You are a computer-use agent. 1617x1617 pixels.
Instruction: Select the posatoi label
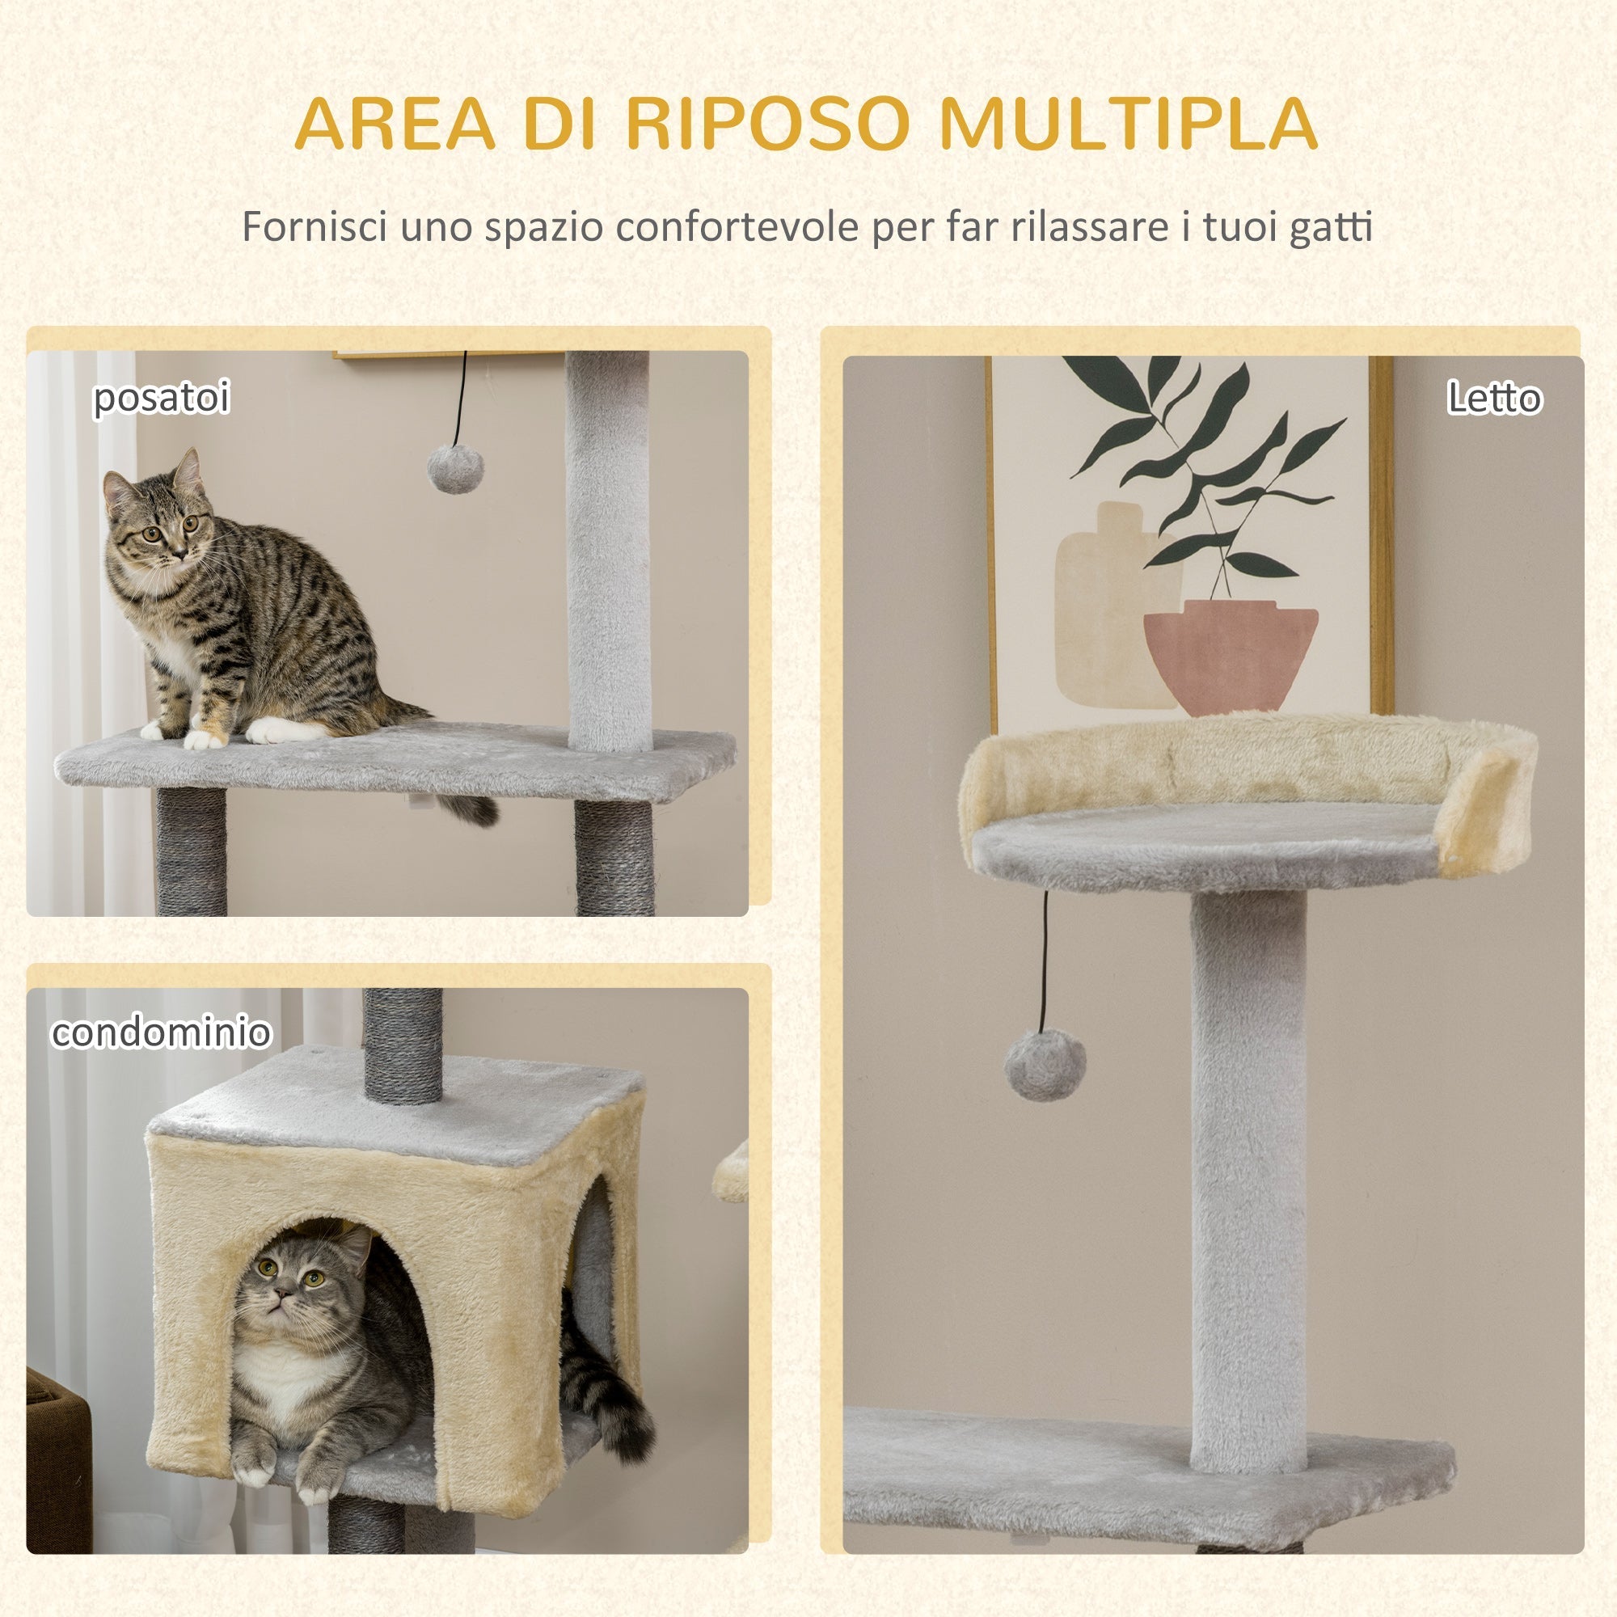[161, 397]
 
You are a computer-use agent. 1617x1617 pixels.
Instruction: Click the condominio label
[161, 1032]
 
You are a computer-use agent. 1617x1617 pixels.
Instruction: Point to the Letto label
[1494, 398]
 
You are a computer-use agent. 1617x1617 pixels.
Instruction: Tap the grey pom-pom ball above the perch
[455, 468]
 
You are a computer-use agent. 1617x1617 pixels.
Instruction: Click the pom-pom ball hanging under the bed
[1045, 1066]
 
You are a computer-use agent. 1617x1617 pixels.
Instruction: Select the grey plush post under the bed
[1247, 1172]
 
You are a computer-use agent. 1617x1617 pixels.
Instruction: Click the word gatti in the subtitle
[1330, 228]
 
